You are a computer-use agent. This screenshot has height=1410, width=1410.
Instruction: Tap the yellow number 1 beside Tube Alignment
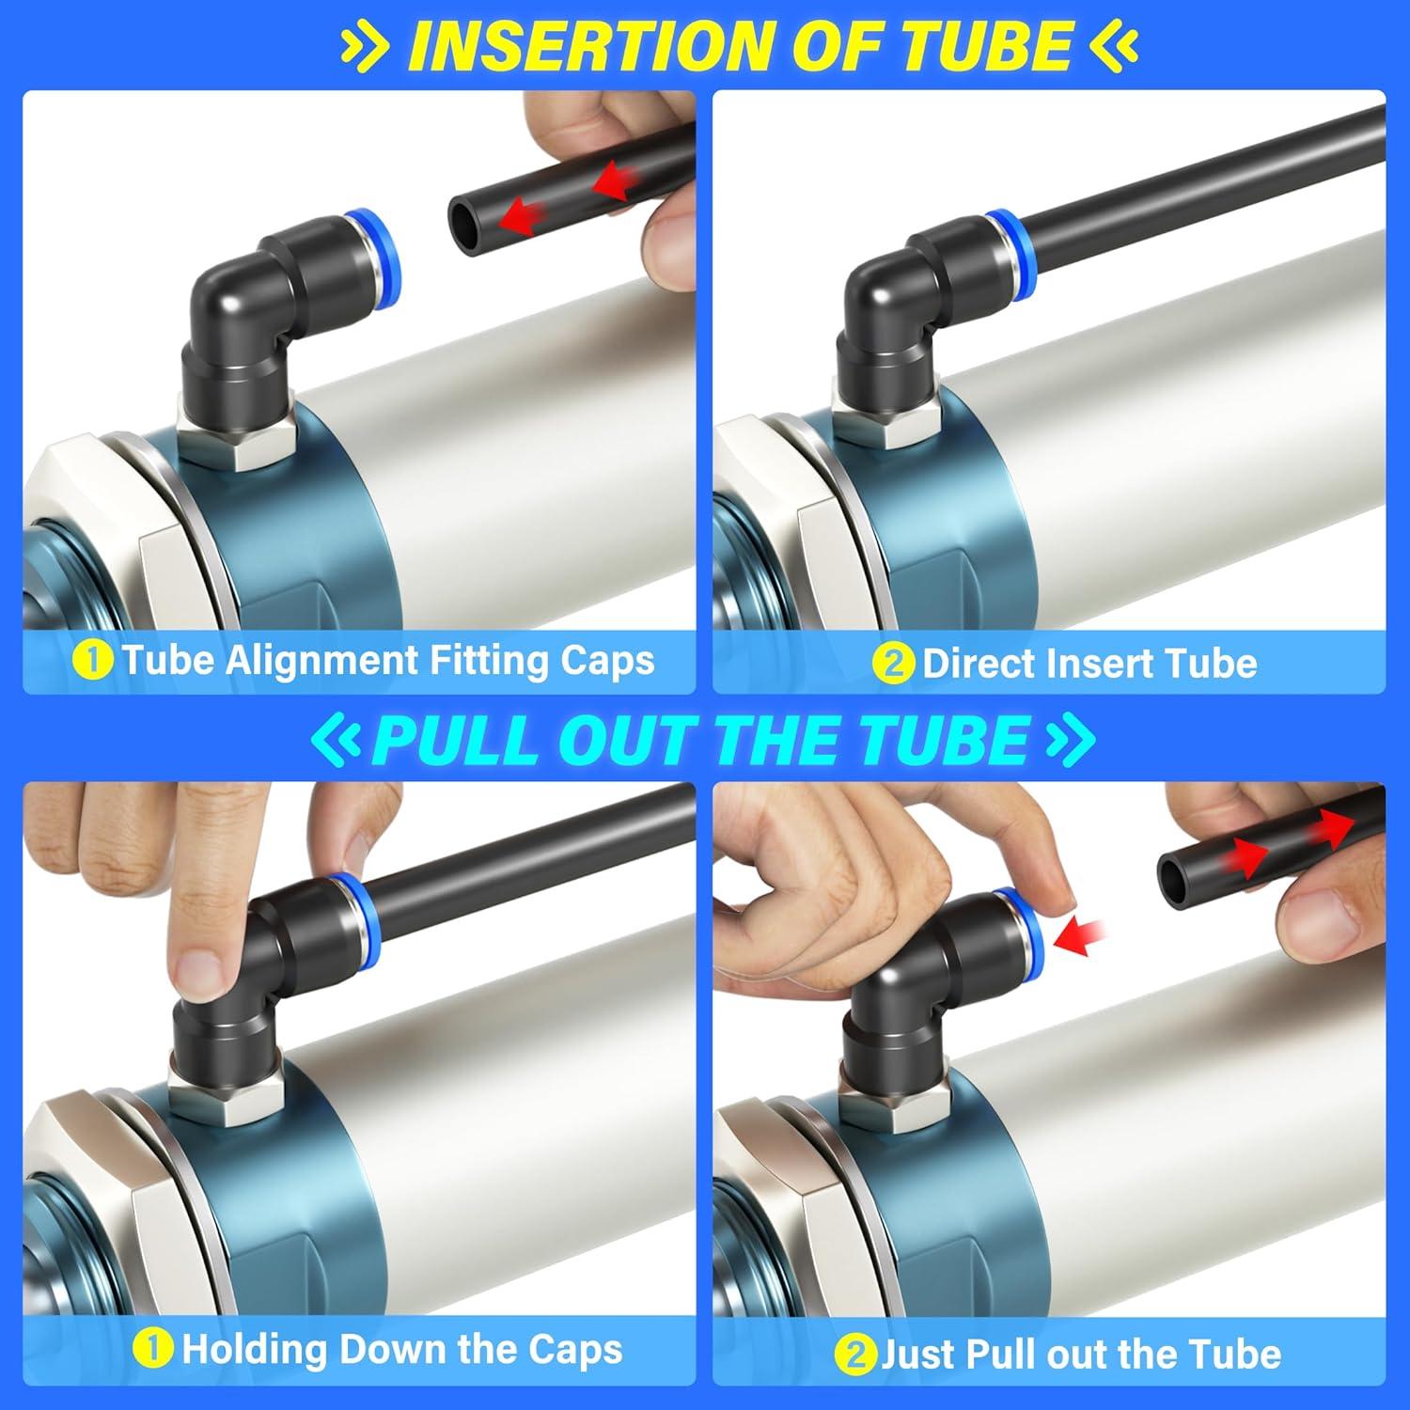[92, 660]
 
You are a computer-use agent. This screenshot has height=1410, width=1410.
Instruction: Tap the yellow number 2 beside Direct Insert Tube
[893, 664]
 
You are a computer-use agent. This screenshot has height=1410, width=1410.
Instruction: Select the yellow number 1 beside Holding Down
[153, 1350]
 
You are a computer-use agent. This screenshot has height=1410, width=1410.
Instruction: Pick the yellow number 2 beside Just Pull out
[854, 1355]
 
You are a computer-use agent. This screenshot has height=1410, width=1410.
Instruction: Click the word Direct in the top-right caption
[983, 664]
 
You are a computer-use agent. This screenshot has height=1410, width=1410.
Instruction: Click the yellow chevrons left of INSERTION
[362, 47]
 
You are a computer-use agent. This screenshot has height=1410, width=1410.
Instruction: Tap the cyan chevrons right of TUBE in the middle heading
[1070, 741]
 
